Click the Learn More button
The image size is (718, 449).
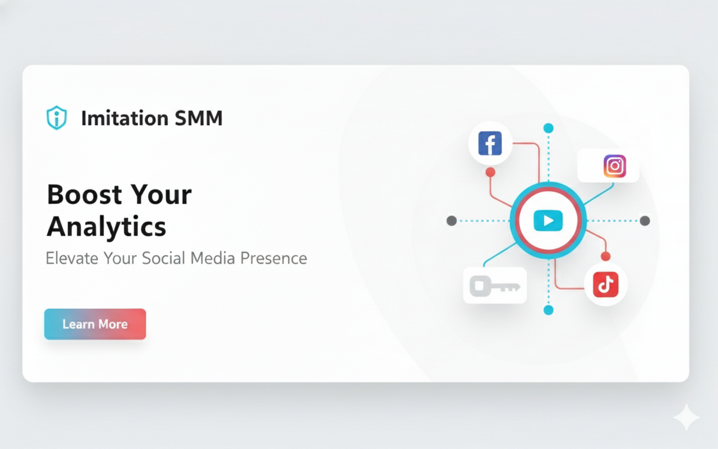(95, 324)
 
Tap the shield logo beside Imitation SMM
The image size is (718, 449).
(56, 118)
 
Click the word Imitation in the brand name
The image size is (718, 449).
(125, 118)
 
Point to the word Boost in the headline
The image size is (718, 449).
(84, 195)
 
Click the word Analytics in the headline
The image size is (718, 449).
(107, 227)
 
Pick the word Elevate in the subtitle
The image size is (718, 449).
(72, 258)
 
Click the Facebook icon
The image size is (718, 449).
(490, 144)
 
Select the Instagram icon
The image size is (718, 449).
(615, 166)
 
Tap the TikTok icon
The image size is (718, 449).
(606, 285)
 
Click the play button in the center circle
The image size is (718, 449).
(548, 221)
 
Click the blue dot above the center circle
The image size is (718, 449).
(549, 128)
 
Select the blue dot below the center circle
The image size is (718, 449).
(549, 310)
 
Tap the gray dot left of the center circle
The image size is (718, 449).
(452, 221)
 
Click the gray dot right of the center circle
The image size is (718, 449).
(645, 221)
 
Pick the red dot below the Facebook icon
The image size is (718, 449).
(490, 172)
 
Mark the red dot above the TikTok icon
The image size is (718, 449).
(605, 256)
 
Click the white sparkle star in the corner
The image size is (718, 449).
(686, 418)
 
